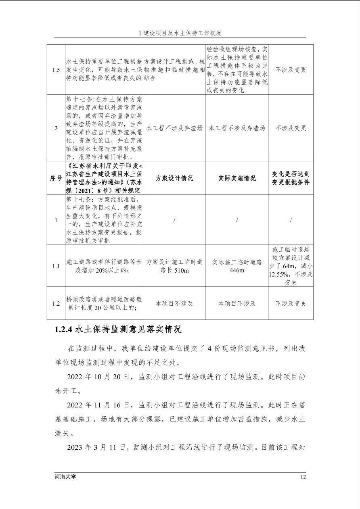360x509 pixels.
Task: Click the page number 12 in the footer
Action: pos(303,477)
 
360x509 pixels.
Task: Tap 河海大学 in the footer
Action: pos(65,477)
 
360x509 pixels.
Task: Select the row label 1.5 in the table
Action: pos(56,70)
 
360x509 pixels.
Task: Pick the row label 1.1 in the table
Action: pos(56,266)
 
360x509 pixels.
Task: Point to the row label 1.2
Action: pos(56,303)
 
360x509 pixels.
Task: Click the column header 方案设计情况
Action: pos(174,178)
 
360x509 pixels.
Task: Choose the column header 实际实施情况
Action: pos(237,178)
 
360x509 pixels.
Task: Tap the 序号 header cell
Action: pos(56,178)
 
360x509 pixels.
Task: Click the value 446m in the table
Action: pos(237,270)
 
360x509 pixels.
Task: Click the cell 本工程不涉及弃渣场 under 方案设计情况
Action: pos(174,128)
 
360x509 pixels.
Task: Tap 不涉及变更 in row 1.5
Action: pos(291,70)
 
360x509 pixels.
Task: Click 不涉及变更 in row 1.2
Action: pos(291,303)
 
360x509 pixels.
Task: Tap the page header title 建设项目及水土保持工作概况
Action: pos(182,33)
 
